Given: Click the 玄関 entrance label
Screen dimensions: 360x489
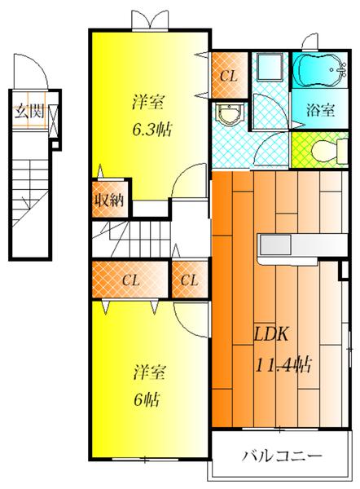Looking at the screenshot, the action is [30, 111].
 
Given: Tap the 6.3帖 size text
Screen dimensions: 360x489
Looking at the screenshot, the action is [152, 130].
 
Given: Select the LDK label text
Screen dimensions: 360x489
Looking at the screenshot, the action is [270, 334].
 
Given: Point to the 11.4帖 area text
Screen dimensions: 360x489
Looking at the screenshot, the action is [284, 364].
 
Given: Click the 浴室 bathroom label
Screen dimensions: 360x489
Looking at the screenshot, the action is [320, 110].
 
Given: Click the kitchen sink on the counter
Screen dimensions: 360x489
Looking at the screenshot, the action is [275, 244].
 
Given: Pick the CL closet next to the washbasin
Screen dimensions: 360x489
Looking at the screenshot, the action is [230, 75].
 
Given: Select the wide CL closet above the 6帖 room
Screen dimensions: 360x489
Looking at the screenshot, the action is [130, 280].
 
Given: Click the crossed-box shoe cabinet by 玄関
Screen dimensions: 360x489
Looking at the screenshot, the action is [54, 121].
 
